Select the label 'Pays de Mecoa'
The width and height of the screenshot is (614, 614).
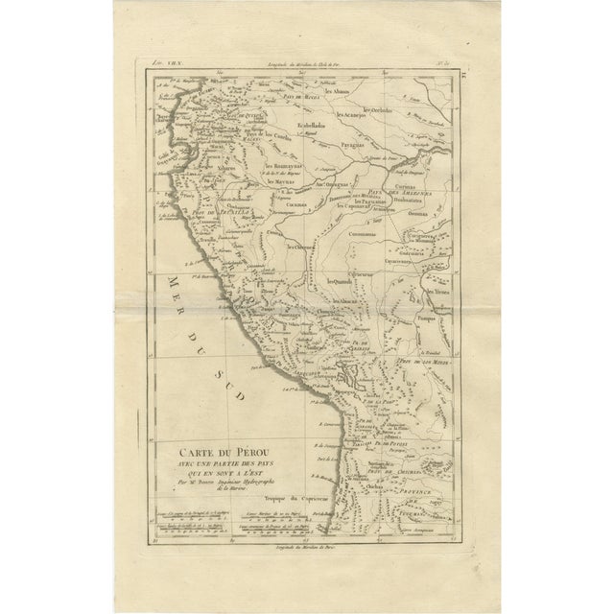click(300, 98)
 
